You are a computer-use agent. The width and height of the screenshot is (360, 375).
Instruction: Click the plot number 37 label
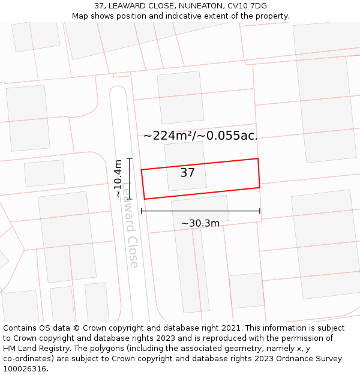(187, 173)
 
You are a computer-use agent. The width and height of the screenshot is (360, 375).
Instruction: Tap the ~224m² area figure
(167, 136)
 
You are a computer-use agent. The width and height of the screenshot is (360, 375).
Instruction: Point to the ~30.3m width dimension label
(200, 223)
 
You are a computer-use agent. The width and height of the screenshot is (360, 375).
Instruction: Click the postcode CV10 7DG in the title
(247, 6)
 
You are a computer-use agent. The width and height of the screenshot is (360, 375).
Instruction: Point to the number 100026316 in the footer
(25, 369)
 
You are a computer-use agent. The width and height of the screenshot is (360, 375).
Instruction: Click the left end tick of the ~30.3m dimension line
(141, 211)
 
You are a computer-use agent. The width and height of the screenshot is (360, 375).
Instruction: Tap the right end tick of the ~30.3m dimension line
(260, 211)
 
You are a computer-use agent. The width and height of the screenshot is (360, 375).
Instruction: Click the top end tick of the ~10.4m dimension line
(129, 158)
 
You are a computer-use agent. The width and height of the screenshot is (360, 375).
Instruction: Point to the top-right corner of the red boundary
(258, 159)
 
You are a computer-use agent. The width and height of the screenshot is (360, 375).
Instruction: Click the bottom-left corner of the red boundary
(144, 199)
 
